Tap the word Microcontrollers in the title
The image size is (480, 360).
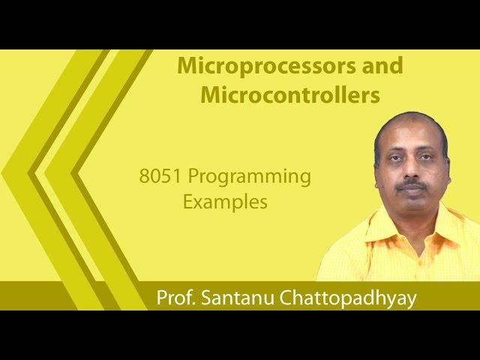point(279,96)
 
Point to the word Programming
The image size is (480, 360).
point(249,178)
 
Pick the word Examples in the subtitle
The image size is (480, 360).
point(225,202)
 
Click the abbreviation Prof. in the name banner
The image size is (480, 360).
point(176,297)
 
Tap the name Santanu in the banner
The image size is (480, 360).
point(237,297)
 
